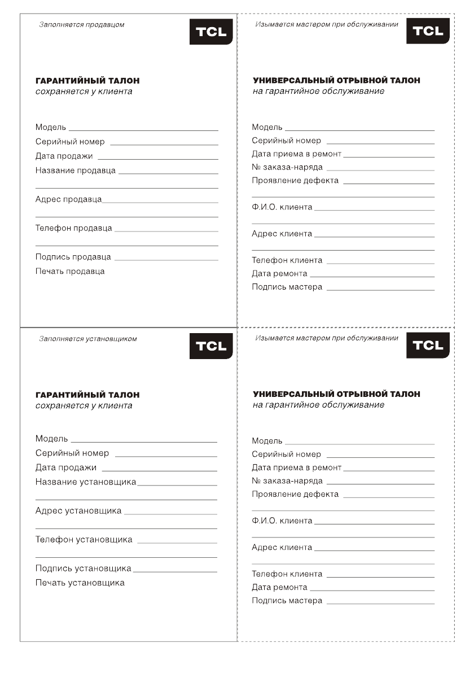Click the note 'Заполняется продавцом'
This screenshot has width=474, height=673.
(81, 25)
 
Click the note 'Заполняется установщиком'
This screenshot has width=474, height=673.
(87, 339)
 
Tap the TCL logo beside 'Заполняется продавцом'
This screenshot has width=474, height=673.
(211, 32)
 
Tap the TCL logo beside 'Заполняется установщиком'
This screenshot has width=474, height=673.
(211, 346)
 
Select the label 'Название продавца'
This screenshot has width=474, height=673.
(76, 171)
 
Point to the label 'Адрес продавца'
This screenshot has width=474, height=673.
(68, 199)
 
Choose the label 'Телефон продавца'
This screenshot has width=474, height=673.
(74, 228)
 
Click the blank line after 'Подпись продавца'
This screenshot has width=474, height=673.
(166, 259)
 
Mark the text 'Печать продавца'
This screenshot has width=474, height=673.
(70, 272)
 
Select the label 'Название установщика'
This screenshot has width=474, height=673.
(86, 482)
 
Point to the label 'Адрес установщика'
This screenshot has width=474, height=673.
(78, 511)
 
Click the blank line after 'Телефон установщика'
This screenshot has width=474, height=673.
(177, 543)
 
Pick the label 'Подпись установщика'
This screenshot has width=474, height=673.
(84, 568)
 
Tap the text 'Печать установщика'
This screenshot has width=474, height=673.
(80, 583)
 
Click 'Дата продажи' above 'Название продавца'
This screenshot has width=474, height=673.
(64, 156)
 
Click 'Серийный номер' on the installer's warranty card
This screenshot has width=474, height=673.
(72, 453)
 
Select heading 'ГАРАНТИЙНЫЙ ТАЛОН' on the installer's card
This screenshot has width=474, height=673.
(87, 395)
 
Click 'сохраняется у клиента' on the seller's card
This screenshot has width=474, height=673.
(84, 91)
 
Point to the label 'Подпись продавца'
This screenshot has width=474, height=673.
(73, 257)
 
